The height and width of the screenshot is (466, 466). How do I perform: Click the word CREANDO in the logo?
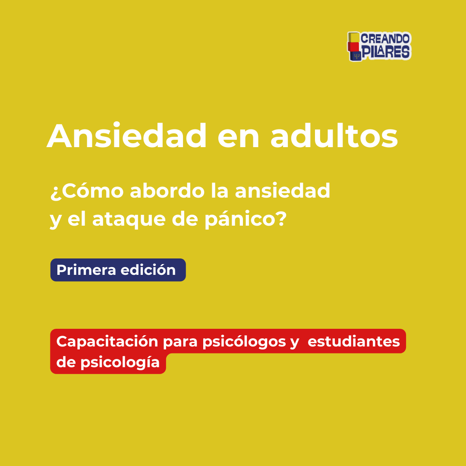(x=385, y=39)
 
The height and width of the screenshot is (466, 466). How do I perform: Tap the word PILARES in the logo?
(x=385, y=52)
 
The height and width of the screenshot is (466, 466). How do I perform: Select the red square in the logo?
(x=353, y=47)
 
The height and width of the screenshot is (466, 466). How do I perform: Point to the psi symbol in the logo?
(x=357, y=56)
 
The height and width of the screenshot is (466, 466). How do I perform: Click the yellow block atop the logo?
(x=354, y=37)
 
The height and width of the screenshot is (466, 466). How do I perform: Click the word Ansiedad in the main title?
(x=126, y=135)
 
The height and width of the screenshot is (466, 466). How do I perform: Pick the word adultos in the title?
(x=334, y=135)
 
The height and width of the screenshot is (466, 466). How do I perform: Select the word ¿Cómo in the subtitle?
(x=87, y=191)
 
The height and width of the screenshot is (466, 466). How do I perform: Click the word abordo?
(x=167, y=191)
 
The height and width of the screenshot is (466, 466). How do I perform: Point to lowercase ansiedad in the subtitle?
(x=283, y=191)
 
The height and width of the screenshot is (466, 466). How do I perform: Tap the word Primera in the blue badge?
(x=86, y=270)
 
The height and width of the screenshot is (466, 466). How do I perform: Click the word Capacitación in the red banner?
(x=107, y=341)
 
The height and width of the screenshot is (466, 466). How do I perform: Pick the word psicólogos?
(x=244, y=342)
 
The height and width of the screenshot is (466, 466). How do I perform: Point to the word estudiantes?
(x=354, y=341)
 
